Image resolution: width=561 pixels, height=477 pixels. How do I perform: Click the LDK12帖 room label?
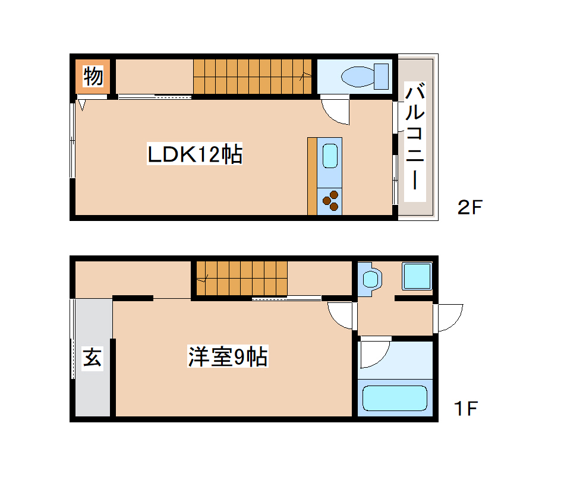(x=194, y=155)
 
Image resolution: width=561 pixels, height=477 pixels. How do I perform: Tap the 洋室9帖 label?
(x=228, y=356)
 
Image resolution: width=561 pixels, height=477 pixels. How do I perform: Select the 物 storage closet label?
(x=93, y=76)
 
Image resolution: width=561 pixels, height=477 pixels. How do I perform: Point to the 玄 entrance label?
(x=92, y=358)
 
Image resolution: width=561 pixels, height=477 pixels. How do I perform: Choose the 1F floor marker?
(x=465, y=409)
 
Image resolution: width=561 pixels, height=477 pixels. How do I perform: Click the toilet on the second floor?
(x=364, y=76)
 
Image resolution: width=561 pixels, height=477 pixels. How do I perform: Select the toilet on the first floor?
(x=371, y=279)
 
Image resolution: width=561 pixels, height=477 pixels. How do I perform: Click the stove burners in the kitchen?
(x=330, y=200)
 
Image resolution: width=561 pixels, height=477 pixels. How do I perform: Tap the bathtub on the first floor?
(x=395, y=397)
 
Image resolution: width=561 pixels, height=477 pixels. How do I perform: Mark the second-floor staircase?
(x=253, y=76)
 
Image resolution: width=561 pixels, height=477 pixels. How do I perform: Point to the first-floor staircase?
(x=242, y=278)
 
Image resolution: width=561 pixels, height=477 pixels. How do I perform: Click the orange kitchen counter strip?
(x=312, y=176)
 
